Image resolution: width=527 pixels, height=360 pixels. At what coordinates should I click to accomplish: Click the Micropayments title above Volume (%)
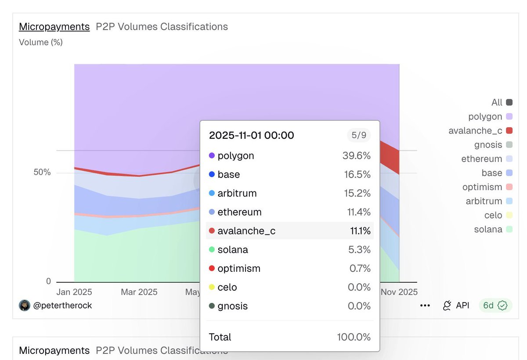54,27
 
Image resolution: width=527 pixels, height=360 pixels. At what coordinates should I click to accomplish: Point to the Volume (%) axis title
41,43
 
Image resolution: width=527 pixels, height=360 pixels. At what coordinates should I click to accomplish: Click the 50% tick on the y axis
42,173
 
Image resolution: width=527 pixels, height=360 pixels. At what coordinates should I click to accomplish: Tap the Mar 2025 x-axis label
139,292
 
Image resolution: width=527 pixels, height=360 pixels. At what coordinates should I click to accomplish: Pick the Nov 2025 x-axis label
399,292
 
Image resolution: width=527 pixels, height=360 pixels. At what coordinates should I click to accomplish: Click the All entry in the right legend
497,103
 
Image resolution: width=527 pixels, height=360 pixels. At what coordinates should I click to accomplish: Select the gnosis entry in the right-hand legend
488,145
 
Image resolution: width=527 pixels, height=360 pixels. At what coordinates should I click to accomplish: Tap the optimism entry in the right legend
482,187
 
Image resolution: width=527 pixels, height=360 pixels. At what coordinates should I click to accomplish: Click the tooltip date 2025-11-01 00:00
252,135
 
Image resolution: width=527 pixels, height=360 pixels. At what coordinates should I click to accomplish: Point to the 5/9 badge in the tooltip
359,135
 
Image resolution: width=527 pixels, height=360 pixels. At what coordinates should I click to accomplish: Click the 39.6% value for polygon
356,156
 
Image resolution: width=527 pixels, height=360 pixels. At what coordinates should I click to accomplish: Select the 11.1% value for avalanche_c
360,231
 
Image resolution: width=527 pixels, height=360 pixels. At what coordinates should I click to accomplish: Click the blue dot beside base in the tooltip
212,175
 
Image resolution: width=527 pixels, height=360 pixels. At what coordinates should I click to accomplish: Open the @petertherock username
62,306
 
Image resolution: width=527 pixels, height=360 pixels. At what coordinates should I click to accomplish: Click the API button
456,306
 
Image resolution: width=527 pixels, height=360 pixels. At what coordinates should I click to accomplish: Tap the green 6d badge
495,306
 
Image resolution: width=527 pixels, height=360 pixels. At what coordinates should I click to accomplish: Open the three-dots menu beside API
425,306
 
